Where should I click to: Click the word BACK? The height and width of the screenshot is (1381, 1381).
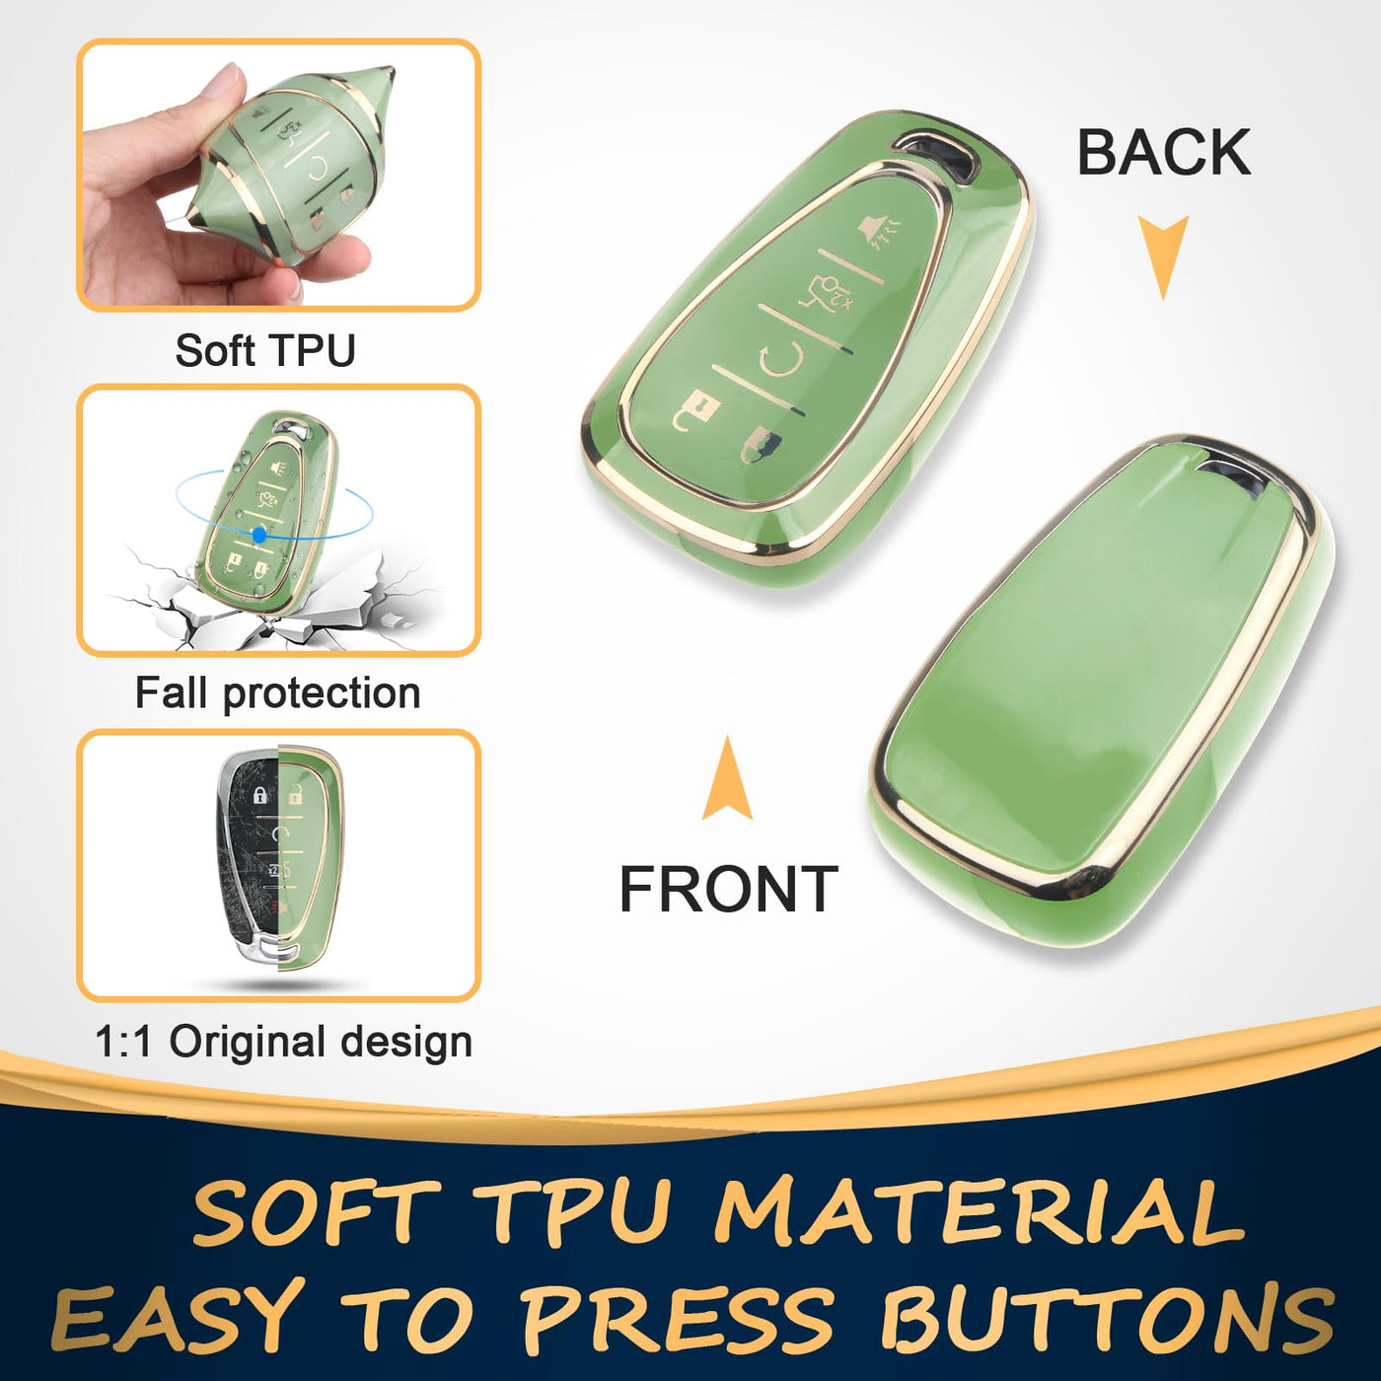point(1164,152)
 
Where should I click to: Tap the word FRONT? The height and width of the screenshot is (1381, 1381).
point(729,889)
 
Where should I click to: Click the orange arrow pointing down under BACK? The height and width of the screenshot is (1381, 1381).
point(1164,255)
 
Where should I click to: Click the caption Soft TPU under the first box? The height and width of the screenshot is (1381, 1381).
point(265,350)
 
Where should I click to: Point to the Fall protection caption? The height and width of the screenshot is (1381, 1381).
point(277,693)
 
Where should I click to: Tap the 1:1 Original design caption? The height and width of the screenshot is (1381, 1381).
point(284,1042)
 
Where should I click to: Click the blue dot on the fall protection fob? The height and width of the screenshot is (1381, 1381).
point(259,534)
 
